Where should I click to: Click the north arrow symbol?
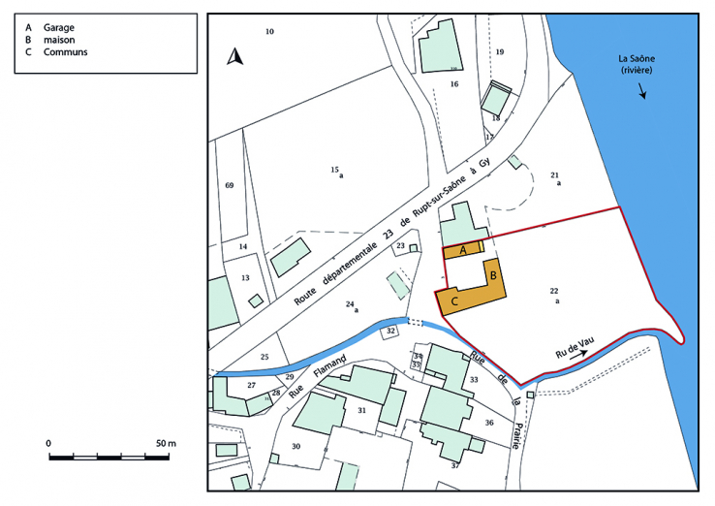[233, 57]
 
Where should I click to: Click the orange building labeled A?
[463, 250]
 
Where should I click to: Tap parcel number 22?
[554, 291]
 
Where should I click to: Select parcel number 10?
[270, 32]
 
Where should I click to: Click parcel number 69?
[230, 184]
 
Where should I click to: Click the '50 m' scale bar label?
[166, 443]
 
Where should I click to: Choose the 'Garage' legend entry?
[59, 27]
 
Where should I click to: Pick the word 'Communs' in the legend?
[65, 52]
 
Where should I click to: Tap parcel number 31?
[361, 411]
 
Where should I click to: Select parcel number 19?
[500, 51]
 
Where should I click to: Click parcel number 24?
[351, 304]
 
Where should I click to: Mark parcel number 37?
[454, 466]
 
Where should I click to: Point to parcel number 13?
[245, 278]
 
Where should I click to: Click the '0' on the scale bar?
[48, 443]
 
